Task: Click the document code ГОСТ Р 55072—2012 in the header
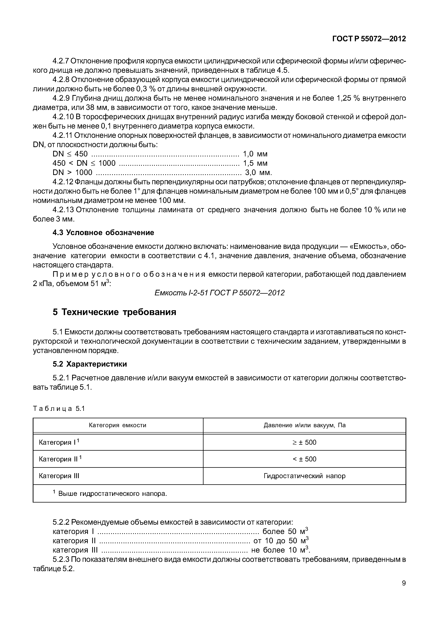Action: [x=369, y=39]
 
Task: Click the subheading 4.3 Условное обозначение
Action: [x=103, y=233]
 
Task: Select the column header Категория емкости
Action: [x=117, y=425]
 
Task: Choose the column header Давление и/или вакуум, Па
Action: [x=304, y=425]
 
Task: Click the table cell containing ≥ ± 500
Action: [x=304, y=442]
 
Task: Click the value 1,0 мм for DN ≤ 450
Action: [x=255, y=154]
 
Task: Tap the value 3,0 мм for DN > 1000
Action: [x=258, y=173]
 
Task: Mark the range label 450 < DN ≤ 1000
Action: [x=84, y=163]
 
